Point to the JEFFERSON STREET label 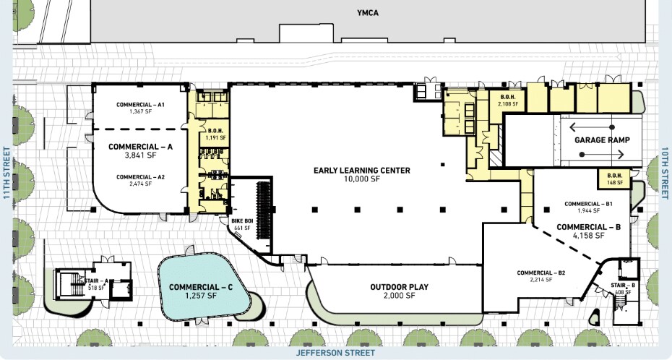(336, 353)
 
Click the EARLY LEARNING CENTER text (362, 171)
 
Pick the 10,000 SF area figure (362, 180)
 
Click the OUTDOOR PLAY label (400, 287)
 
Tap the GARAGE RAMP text (603, 140)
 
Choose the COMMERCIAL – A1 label (141, 105)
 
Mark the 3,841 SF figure (141, 155)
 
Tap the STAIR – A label (97, 282)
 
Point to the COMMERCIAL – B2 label (541, 273)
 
